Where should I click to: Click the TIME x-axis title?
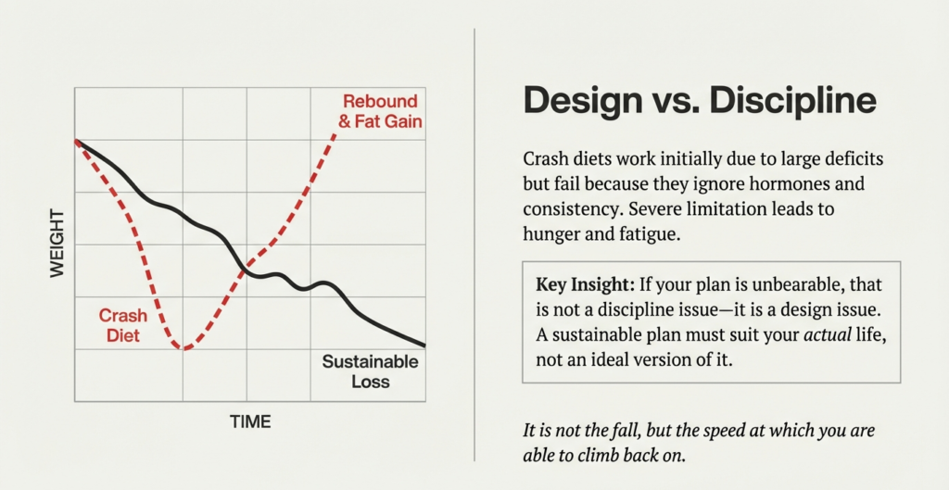coord(250,422)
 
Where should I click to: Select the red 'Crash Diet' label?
coord(122,325)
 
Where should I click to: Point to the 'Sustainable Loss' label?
coord(370,371)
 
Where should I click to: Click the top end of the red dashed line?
coord(335,135)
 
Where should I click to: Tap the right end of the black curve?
coord(424,345)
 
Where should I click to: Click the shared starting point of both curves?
coord(76,142)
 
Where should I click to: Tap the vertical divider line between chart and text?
coord(474,245)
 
